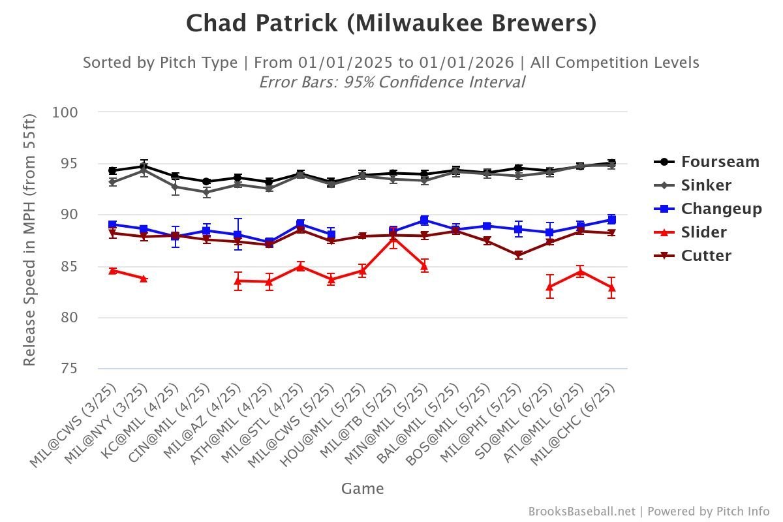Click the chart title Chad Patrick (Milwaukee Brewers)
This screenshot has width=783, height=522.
coord(391,24)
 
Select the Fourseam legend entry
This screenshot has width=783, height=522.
coord(720,162)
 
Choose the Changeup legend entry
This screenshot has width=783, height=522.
coord(721,209)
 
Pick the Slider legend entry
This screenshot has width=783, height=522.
coord(703,232)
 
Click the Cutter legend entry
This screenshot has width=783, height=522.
coord(706,256)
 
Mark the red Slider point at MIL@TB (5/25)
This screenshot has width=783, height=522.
coord(393,239)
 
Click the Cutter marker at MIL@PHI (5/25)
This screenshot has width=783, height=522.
coord(519,255)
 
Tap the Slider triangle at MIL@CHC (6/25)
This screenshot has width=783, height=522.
coord(611,287)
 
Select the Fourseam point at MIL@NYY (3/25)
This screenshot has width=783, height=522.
coord(144,166)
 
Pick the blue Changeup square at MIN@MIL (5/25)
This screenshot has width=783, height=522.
coord(425,220)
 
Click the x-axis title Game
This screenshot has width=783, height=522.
coord(362,489)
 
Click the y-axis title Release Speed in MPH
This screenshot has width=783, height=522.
coord(30,239)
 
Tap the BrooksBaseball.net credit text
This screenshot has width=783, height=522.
coord(581,512)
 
